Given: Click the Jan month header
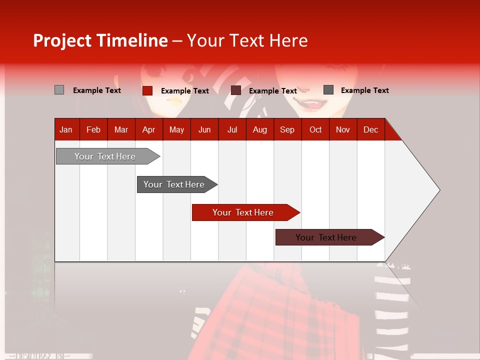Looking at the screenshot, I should click(66, 129).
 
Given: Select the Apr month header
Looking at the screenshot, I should click(149, 129).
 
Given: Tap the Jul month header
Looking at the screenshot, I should click(232, 129).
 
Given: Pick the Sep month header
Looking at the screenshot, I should click(287, 129).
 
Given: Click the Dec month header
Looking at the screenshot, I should click(370, 129).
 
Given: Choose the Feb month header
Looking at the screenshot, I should click(93, 129).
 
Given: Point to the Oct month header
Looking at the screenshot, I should click(315, 129).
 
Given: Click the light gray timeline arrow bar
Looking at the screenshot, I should click(105, 156).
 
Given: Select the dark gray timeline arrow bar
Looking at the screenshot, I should click(174, 184).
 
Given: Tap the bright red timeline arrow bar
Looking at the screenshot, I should click(243, 212).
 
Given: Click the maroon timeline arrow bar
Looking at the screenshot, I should click(326, 237).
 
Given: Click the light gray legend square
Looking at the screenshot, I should click(59, 90).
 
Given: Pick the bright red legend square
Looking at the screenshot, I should click(147, 90).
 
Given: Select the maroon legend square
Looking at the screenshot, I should click(236, 90).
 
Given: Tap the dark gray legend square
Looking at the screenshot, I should click(328, 89).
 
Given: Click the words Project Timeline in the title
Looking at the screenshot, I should click(100, 40).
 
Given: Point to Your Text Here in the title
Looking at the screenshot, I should click(247, 40).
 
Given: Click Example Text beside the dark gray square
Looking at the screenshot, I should click(364, 90).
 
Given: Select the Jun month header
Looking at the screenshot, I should click(204, 129).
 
